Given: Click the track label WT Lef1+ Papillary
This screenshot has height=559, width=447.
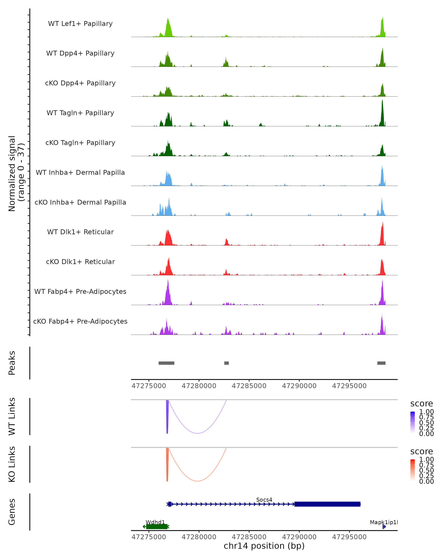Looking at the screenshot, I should click(80, 24).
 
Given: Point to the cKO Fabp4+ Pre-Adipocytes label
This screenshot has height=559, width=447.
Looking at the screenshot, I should click(80, 321).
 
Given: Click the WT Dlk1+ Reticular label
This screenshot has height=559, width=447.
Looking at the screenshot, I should click(80, 232).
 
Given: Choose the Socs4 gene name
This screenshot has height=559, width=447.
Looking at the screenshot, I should click(264, 500).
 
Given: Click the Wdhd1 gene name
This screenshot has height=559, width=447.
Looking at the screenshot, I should click(155, 522).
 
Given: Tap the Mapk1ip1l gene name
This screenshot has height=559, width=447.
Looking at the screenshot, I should click(383, 522).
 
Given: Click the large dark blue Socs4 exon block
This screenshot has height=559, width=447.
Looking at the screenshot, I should click(327, 504).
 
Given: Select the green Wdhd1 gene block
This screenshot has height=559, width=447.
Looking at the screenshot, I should click(156, 527).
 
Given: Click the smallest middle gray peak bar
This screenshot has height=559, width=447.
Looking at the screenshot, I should click(226, 363).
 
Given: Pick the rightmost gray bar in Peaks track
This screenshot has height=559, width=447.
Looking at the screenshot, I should click(381, 363).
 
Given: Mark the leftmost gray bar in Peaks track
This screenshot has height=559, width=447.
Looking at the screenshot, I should click(166, 363).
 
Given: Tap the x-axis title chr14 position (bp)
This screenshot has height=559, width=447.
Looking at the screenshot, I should click(264, 546).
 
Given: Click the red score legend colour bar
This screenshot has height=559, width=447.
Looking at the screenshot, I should click(413, 470).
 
